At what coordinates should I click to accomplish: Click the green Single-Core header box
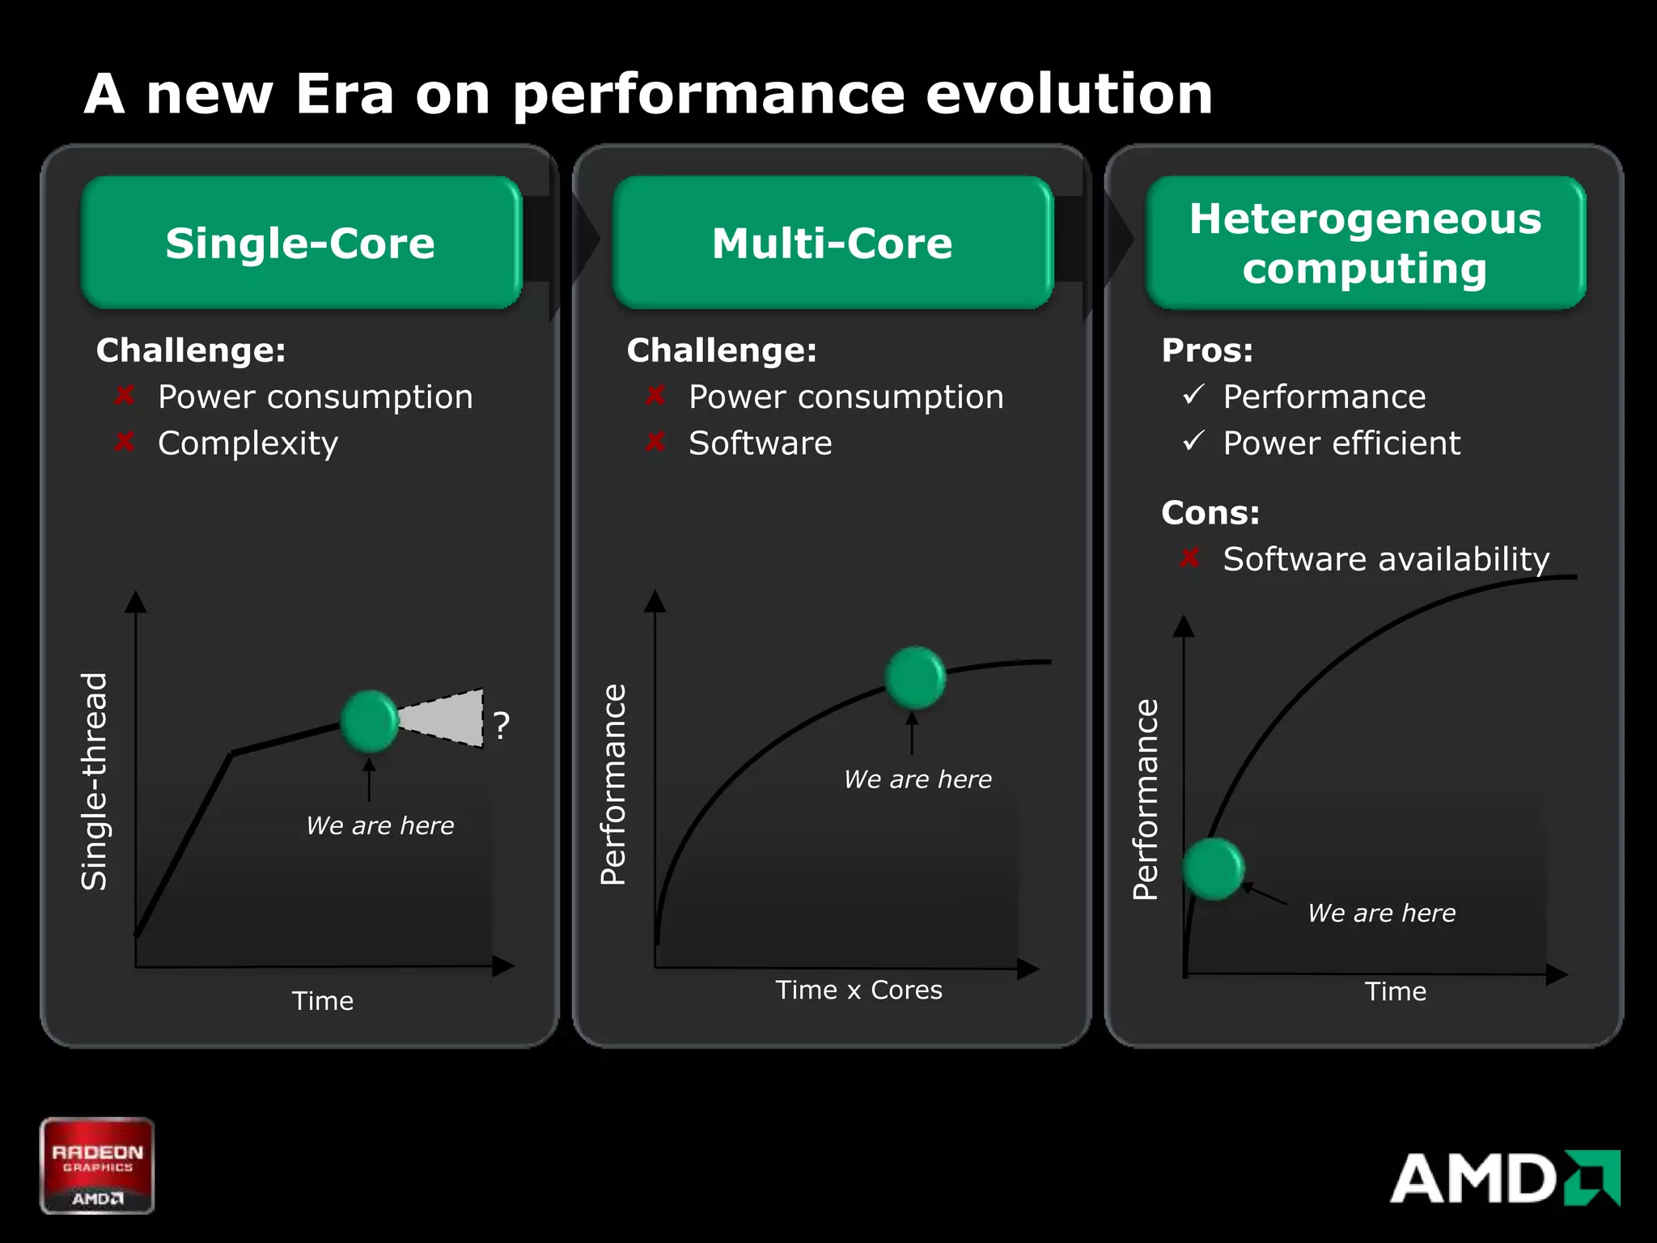tap(301, 243)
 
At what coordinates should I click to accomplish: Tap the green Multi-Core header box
tap(833, 243)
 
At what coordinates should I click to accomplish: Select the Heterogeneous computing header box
tap(1366, 243)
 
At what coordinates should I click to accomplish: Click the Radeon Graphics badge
tap(97, 1165)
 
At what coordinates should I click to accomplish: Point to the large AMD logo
tap(1505, 1178)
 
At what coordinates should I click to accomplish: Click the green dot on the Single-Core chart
tap(370, 721)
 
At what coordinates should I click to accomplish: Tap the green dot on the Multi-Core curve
tap(915, 677)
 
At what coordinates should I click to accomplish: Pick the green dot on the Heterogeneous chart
tap(1213, 869)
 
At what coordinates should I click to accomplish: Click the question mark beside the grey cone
tap(502, 725)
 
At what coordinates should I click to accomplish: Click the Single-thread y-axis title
tap(95, 782)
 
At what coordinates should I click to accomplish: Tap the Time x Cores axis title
tap(858, 990)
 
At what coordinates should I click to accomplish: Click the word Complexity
tap(248, 443)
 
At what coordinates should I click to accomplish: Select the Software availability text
tap(1386, 559)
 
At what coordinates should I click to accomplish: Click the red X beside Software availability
tap(1189, 558)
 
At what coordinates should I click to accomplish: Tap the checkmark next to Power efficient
tap(1193, 441)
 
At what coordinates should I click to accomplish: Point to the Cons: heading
tap(1210, 512)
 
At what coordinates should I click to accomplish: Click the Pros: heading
tap(1207, 350)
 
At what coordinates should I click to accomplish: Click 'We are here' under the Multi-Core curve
tap(917, 779)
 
